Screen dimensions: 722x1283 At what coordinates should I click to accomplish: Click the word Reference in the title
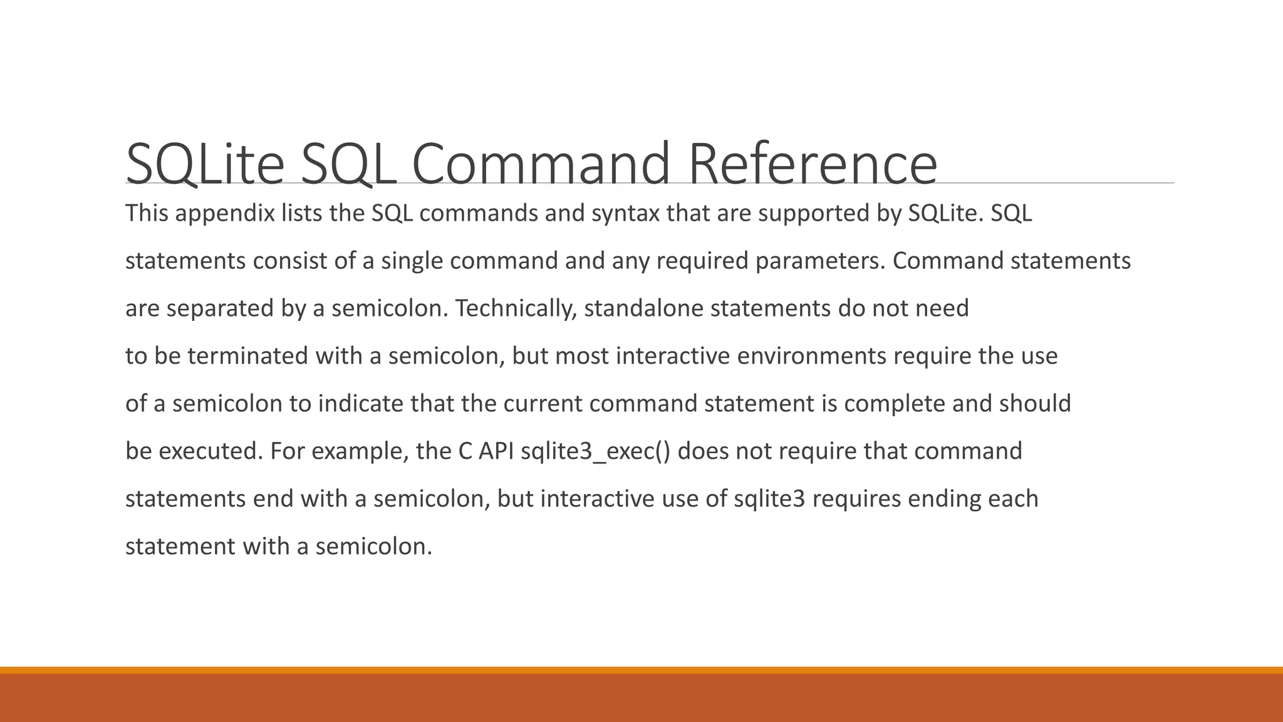click(x=813, y=164)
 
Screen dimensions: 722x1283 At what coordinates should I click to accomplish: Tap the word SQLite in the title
click(x=205, y=164)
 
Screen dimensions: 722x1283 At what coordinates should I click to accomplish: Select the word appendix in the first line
click(x=226, y=214)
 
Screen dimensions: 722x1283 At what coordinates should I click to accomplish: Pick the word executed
click(x=210, y=451)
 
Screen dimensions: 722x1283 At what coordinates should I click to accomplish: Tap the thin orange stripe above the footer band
click(x=641, y=670)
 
